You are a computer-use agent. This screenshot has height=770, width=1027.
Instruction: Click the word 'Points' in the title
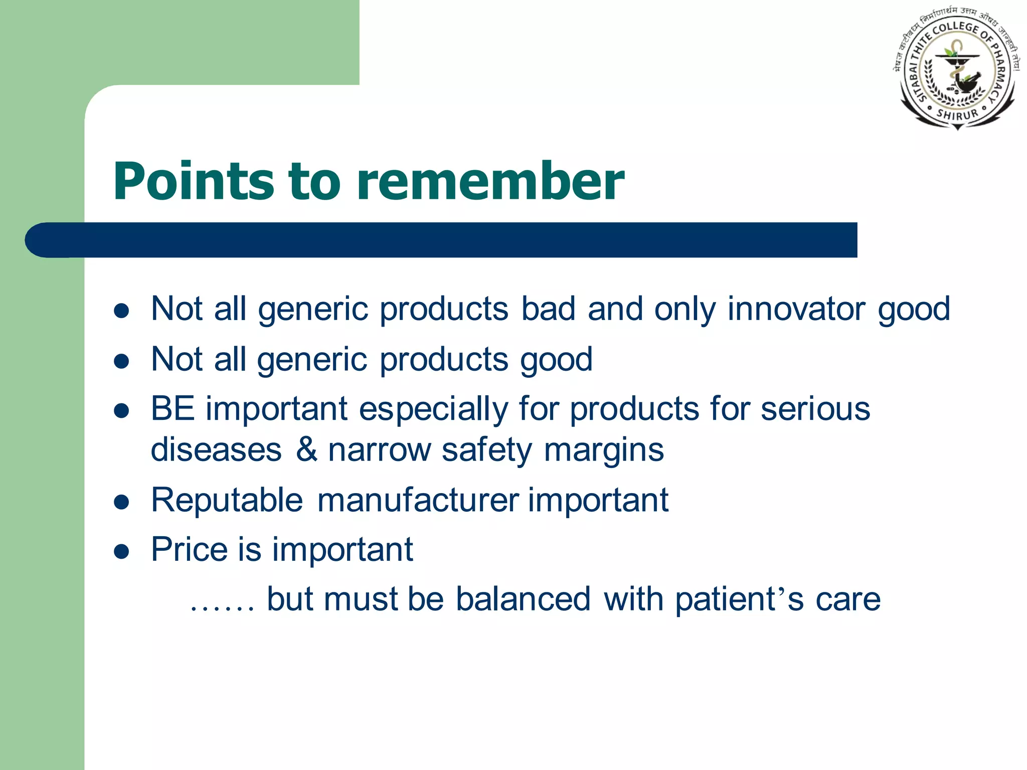click(194, 182)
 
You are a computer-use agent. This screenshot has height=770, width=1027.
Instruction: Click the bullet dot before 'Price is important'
click(122, 552)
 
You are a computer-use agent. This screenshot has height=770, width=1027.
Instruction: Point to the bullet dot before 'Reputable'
click(122, 502)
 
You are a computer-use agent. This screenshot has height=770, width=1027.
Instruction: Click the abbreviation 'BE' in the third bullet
click(173, 409)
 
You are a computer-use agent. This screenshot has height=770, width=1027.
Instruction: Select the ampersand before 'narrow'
click(306, 449)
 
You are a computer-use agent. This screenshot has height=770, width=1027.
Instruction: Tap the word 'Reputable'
click(227, 500)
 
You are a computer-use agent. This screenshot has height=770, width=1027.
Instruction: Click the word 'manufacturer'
click(418, 500)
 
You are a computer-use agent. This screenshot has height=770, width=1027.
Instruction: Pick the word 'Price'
click(190, 549)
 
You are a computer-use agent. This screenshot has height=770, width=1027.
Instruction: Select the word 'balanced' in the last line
click(523, 599)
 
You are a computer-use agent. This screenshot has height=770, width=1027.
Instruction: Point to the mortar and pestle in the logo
click(965, 82)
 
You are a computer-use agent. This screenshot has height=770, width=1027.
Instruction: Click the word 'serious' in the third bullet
click(815, 409)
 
